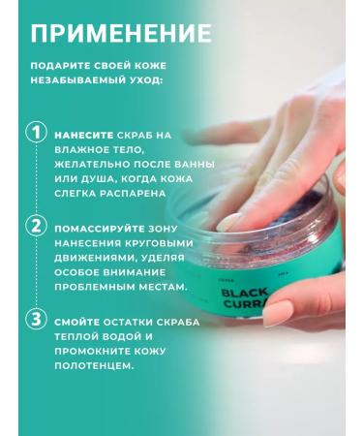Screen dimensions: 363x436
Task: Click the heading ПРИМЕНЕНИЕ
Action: coord(121,33)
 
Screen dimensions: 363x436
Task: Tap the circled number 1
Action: coord(36,133)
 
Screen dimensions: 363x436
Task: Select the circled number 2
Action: coord(36,227)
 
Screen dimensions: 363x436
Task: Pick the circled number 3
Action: coord(36,319)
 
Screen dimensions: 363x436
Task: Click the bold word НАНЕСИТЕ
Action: coord(84,136)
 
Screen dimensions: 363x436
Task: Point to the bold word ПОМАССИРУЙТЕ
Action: coord(100,229)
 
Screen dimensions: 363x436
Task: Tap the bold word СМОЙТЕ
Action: coord(77,323)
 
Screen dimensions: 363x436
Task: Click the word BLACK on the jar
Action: coord(245,293)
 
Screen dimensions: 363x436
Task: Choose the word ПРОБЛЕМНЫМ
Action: coord(95,287)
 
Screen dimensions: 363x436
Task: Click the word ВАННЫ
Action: coord(194,164)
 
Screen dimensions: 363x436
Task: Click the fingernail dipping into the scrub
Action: coord(228,223)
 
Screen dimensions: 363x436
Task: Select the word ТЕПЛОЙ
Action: coord(76,337)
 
